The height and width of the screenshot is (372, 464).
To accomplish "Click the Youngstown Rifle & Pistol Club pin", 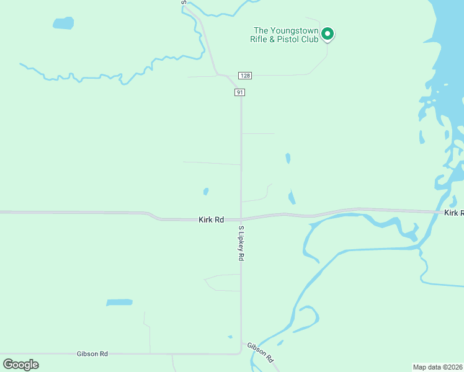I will click(x=328, y=33).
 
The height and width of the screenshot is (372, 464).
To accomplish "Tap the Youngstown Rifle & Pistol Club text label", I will click(x=285, y=35).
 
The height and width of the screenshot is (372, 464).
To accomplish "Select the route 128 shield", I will click(x=246, y=76).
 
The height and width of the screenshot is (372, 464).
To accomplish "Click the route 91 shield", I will click(x=240, y=92).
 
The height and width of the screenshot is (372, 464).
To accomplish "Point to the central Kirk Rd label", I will click(x=211, y=219).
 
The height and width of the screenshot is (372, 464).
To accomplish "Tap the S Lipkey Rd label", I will click(x=241, y=243).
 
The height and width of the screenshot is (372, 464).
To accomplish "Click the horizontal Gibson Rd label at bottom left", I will click(x=92, y=353).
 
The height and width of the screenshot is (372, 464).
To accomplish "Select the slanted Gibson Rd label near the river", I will click(x=260, y=352).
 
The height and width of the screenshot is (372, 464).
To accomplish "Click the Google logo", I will click(x=20, y=364).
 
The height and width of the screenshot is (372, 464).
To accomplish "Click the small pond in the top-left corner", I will click(x=63, y=24).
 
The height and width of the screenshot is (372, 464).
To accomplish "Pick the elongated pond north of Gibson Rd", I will click(x=119, y=303).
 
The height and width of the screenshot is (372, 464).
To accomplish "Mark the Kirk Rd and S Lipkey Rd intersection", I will click(x=241, y=219).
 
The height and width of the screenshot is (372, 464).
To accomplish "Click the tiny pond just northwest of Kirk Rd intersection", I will click(x=206, y=192).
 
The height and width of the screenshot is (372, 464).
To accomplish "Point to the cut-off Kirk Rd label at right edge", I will click(x=453, y=213).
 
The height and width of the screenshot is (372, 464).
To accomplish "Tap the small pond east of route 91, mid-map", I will click(x=288, y=158).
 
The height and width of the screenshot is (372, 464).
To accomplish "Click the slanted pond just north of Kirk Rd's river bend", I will click(x=292, y=197).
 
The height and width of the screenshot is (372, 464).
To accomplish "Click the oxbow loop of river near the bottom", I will click(x=308, y=316).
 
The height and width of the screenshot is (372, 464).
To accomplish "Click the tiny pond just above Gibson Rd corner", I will click(x=230, y=337).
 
